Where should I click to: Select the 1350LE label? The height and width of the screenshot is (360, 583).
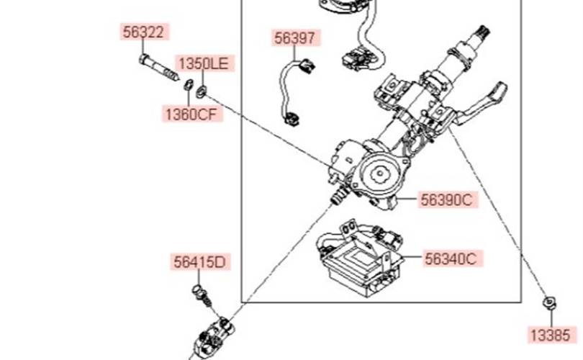[202, 64]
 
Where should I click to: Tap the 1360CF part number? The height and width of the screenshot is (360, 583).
[189, 113]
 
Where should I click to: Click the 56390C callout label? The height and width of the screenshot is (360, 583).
[447, 201]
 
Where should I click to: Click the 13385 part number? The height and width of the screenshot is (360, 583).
[550, 334]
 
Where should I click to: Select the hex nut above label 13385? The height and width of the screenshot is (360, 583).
[549, 302]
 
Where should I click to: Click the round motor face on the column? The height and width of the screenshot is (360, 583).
[379, 173]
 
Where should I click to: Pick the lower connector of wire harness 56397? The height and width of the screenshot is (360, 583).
[291, 116]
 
